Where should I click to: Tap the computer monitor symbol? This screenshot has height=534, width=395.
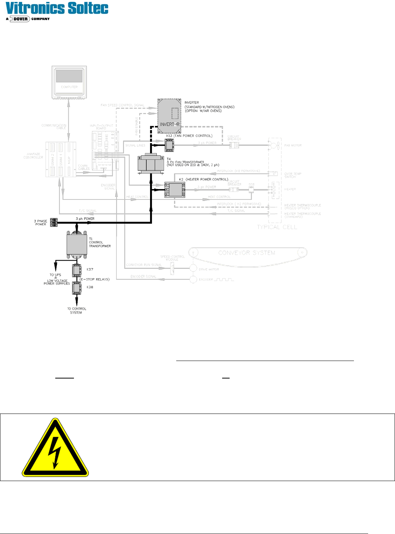pos(69,82)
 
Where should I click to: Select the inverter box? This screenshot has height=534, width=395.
pos(169,116)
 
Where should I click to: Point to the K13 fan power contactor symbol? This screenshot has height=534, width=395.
pos(169,145)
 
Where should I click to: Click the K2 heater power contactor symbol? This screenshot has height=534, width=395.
pos(174,189)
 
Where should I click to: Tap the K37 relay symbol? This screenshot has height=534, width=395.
pos(77,270)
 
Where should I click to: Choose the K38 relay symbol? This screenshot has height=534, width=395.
pos(77,288)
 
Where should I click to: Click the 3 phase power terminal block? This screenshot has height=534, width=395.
pos(54,223)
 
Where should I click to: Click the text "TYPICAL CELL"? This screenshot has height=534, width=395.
pos(277,227)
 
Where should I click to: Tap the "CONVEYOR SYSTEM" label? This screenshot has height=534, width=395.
pos(246,253)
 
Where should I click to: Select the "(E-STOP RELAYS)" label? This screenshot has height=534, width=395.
pos(94,279)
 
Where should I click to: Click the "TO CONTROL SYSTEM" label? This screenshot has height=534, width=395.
pos(77,311)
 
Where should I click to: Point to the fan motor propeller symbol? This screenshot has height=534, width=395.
pos(274,145)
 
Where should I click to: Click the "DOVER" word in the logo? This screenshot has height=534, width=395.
pos(21,19)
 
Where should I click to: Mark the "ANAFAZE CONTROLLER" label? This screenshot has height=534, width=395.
pos(33,156)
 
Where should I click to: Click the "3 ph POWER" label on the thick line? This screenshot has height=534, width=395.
pos(85,219)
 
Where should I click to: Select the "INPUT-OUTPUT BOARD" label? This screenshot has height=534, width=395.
pos(101,127)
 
